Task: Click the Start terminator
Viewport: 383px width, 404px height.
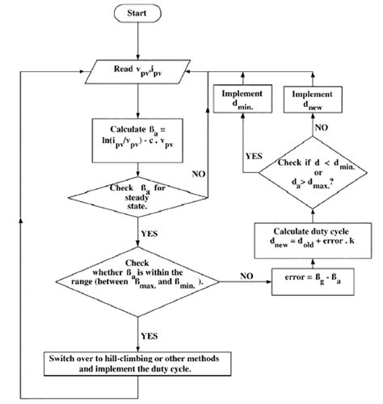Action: coord(141,14)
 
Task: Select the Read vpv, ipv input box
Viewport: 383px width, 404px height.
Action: coord(141,70)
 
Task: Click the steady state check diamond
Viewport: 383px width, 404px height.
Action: coord(141,195)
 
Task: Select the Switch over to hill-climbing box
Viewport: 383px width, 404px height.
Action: coord(140,361)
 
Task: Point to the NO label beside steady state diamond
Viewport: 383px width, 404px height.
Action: coord(197,173)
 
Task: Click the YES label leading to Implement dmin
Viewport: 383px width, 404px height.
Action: coord(229,157)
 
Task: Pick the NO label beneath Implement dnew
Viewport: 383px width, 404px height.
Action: coord(322,128)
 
